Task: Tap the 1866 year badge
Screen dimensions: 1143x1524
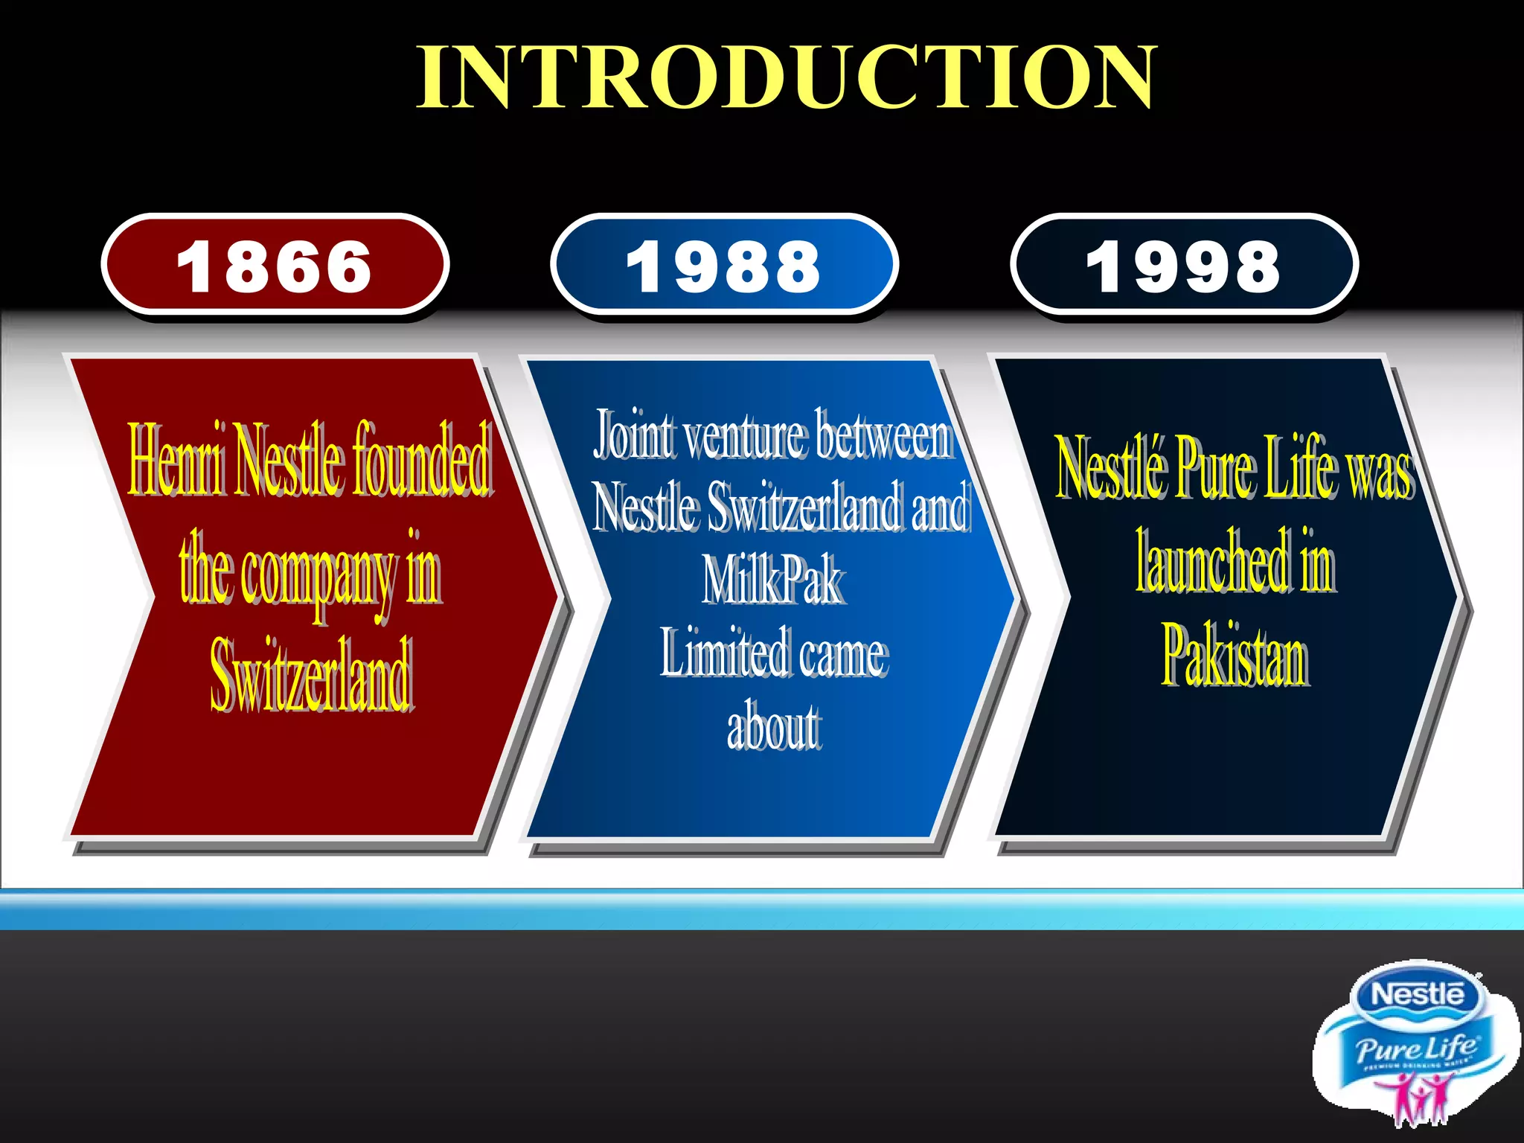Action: (x=275, y=266)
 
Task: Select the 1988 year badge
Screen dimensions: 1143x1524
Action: (x=724, y=266)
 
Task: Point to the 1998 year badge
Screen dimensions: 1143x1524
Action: (x=1184, y=266)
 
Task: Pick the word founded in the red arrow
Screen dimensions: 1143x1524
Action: (x=421, y=460)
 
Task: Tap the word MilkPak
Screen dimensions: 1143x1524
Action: (x=773, y=581)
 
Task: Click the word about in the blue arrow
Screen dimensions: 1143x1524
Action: (x=774, y=726)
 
